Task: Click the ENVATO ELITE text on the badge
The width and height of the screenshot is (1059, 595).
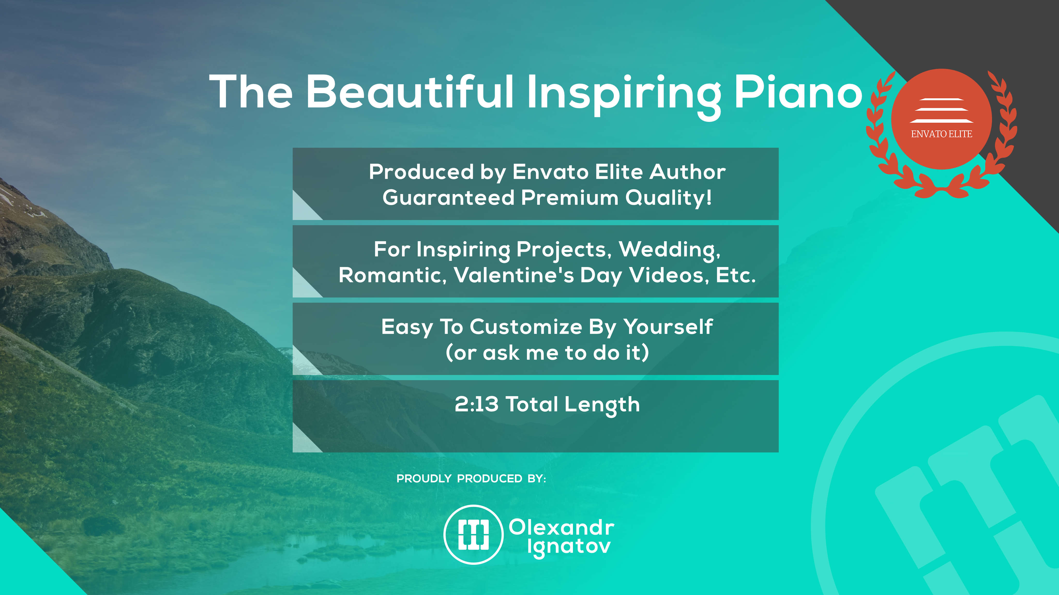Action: [941, 134]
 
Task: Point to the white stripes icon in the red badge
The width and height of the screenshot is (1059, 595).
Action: [941, 110]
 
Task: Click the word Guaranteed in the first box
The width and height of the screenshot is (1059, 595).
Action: [448, 198]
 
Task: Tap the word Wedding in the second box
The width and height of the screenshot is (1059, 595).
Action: [670, 250]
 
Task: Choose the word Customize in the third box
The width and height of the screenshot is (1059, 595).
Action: [526, 327]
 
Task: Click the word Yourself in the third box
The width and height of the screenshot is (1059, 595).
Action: [668, 327]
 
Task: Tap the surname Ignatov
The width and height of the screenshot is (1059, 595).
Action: [569, 548]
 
